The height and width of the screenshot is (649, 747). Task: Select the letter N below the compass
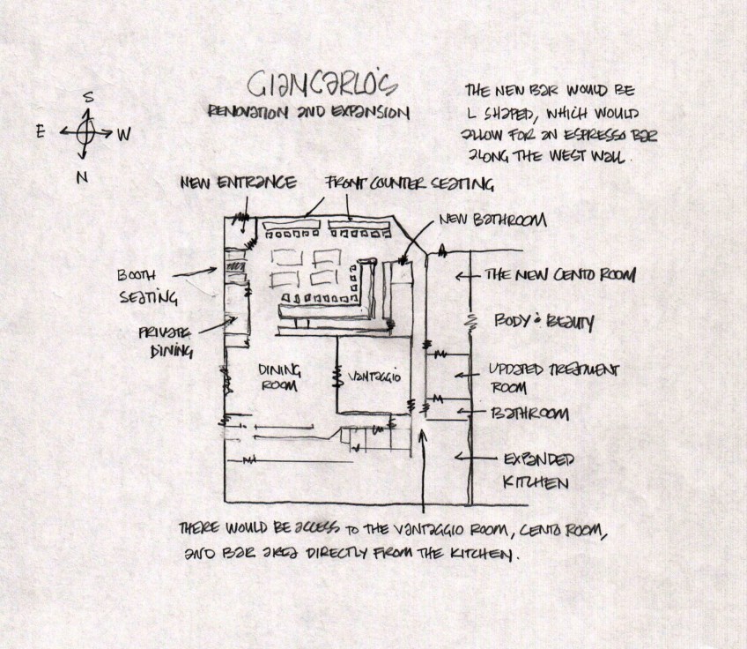click(82, 177)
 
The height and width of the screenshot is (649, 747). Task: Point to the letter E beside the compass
click(41, 131)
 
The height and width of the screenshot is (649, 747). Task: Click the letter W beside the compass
click(124, 135)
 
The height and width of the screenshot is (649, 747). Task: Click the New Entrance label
click(238, 183)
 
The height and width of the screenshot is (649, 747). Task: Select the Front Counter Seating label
click(409, 184)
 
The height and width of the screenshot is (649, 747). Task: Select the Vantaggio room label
click(374, 377)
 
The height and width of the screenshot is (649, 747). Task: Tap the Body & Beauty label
click(543, 323)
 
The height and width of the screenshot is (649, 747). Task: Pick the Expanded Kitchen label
click(538, 471)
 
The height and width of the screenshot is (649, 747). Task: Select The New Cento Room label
click(559, 275)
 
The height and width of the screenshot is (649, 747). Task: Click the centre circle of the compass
click(85, 133)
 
